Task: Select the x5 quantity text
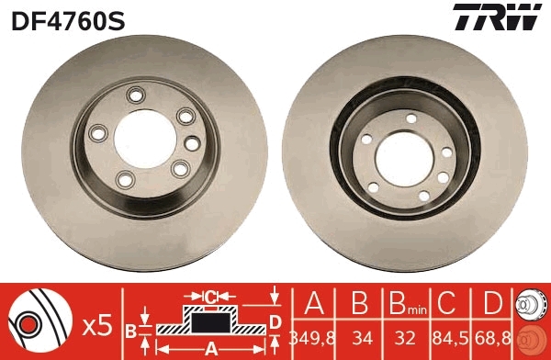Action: tap(96, 323)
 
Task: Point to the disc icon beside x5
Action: tap(41, 322)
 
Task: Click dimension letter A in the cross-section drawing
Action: tap(210, 348)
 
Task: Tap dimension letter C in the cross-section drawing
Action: tap(210, 297)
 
